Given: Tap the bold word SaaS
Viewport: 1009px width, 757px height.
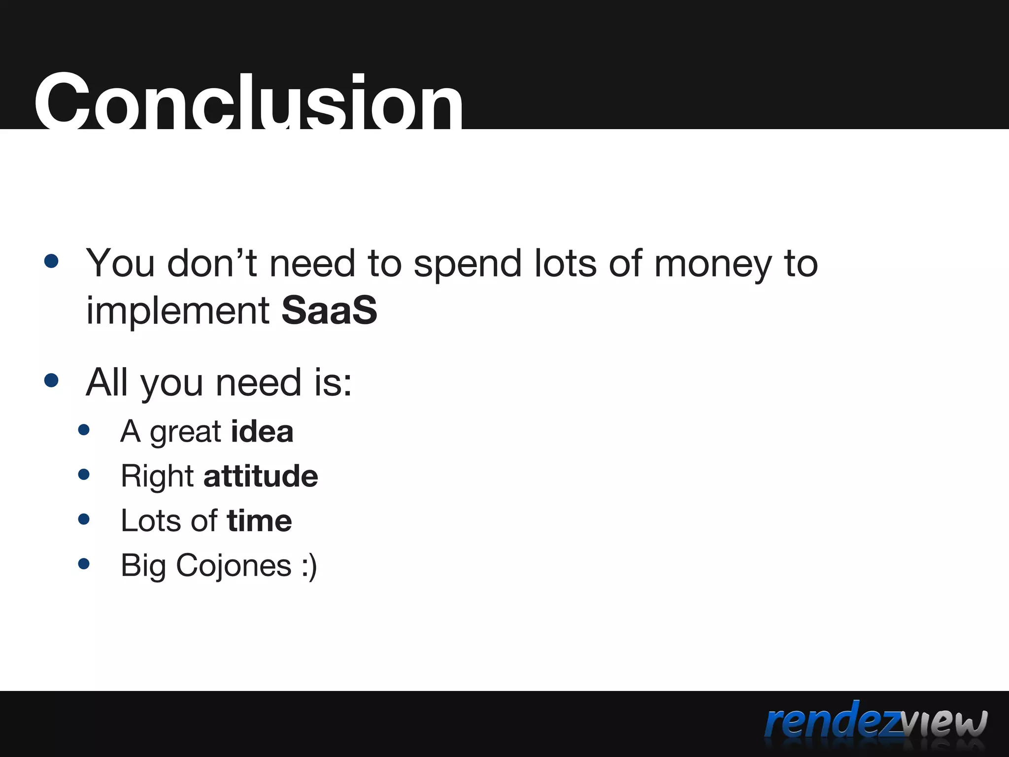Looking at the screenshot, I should click(329, 310).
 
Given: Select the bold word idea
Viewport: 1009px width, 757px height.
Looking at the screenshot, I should click(262, 432).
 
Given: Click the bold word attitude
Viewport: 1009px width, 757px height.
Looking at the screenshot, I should click(261, 476).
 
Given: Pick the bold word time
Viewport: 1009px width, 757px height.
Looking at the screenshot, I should click(259, 521).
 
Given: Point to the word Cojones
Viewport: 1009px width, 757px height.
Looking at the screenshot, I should click(234, 565).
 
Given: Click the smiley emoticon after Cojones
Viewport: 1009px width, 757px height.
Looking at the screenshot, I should click(309, 566).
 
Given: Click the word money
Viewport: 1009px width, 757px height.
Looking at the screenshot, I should click(713, 264).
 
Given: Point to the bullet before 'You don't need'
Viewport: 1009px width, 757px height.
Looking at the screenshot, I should click(51, 261).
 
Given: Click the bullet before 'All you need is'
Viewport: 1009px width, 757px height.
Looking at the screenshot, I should click(51, 380).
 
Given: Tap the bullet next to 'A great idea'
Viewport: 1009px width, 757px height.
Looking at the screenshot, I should click(84, 430).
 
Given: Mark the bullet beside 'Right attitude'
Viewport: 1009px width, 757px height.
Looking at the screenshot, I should click(84, 474).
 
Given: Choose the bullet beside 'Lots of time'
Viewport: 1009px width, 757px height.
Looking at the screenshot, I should click(84, 519).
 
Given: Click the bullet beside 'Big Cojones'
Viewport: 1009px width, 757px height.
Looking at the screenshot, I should click(84, 563).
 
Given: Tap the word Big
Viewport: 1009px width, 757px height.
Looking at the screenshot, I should click(143, 566).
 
